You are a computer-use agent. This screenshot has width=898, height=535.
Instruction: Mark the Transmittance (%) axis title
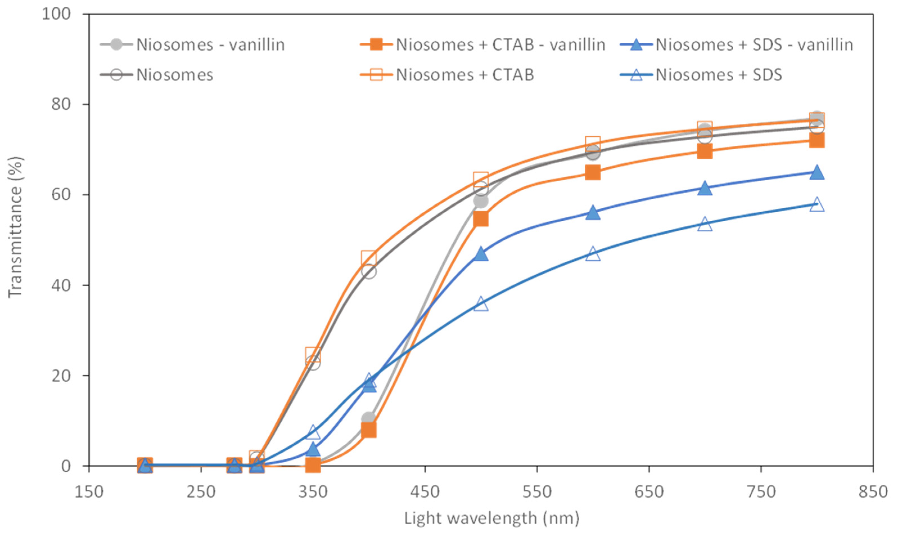pos(15,227)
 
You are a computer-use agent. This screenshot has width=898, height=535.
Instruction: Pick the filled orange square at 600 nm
pos(593,173)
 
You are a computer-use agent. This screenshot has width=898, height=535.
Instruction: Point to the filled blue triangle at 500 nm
pos(481,254)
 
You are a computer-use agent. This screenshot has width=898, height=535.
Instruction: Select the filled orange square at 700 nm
pos(705,152)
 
